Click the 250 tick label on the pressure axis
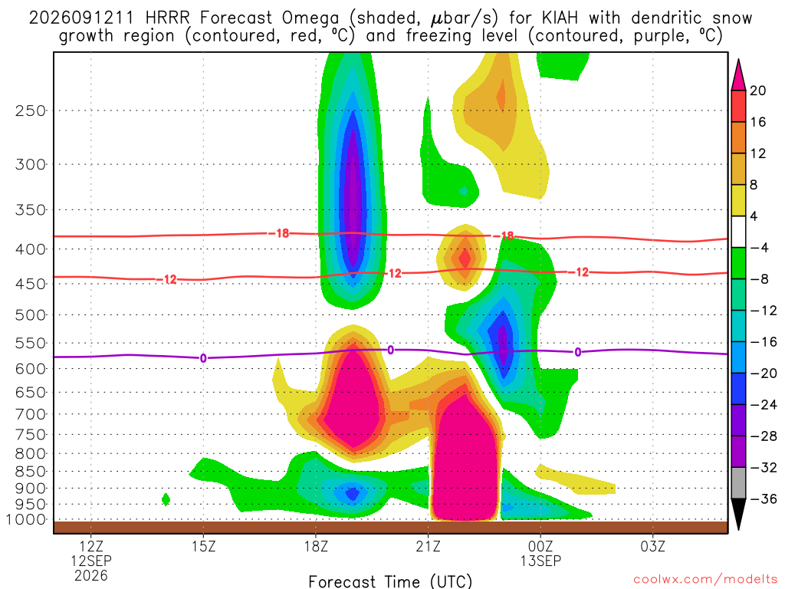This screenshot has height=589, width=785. coord(30,110)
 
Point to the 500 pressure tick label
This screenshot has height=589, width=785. coord(30,315)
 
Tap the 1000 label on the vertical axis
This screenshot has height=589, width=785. coord(26,519)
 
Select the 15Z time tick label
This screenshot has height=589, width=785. coord(203,546)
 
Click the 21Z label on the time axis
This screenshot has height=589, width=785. coord(428,546)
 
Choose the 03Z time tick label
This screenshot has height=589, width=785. coord(653,546)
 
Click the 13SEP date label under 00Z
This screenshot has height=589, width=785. coord(540,561)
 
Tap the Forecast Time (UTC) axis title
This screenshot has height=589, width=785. coord(390,581)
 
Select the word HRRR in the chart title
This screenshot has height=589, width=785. coord(167,18)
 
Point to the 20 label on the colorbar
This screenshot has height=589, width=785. coord(757,90)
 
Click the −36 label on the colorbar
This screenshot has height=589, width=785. coord(763,499)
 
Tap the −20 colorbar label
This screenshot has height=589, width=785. coord(763,373)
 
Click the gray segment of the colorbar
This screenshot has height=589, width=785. coord(738,483)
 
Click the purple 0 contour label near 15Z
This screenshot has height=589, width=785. coord(203,358)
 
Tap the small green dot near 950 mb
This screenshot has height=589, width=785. coord(166,499)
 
